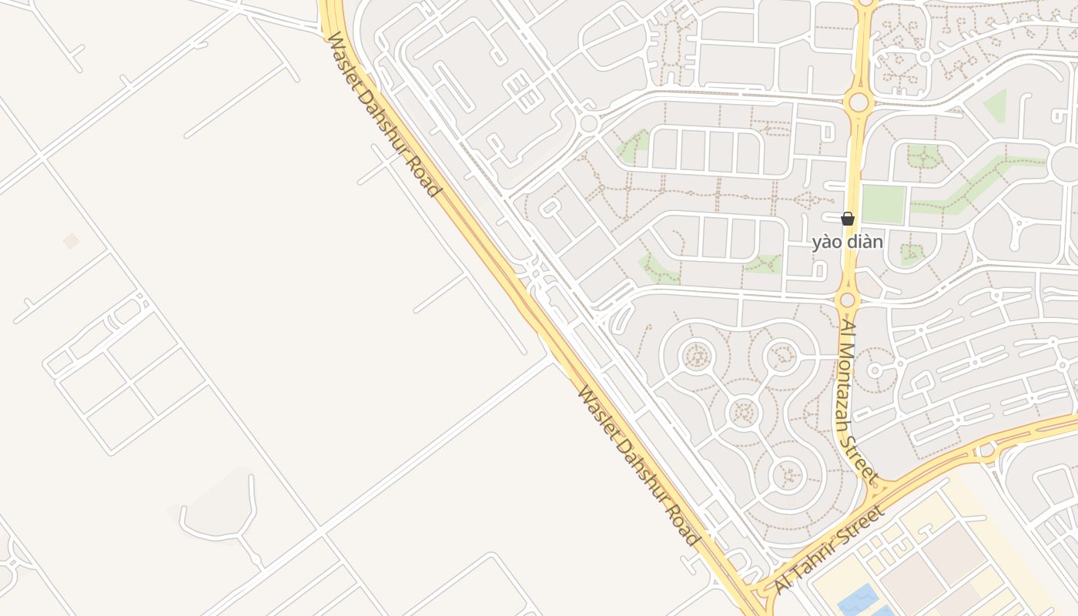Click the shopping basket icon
tap(847, 219)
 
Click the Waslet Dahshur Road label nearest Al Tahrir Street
tap(638, 466)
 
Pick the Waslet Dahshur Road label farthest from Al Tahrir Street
tap(383, 114)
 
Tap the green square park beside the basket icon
tap(882, 204)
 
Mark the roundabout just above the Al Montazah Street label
tap(848, 300)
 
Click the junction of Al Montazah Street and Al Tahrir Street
tap(879, 487)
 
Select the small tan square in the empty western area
tap(71, 241)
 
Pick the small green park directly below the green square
tap(912, 253)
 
